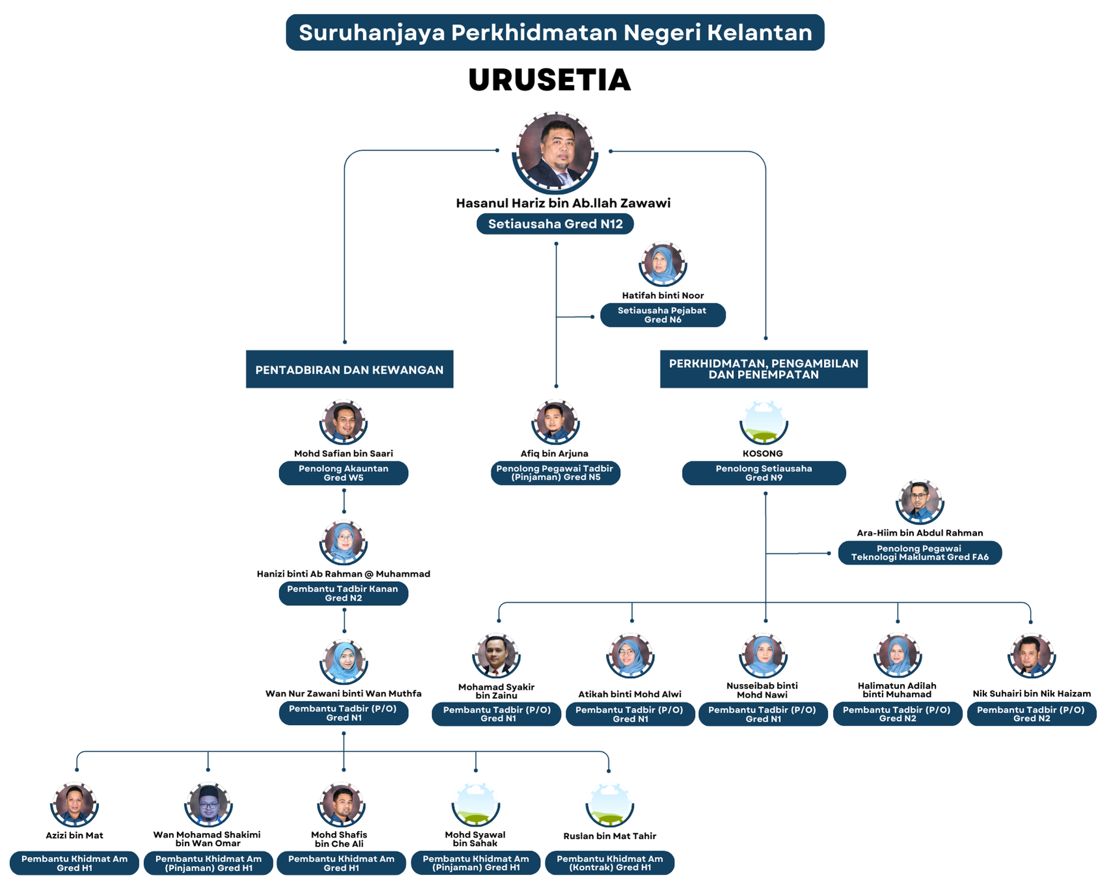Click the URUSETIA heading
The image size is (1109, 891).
coord(549,79)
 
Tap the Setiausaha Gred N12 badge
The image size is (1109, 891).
coord(555,224)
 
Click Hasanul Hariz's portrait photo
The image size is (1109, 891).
coord(555,152)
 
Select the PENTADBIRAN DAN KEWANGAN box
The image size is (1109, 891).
coord(349,369)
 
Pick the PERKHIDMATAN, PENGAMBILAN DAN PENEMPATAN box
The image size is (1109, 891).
coord(763,369)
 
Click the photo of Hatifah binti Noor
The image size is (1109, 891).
coord(663,264)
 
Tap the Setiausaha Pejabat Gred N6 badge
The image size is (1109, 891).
coord(663,315)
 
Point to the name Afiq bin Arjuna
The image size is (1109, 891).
coord(554,454)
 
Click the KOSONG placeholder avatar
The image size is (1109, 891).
coord(763,422)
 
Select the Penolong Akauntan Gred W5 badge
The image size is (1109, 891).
coord(344,473)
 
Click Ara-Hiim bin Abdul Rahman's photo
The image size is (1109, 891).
coord(920,502)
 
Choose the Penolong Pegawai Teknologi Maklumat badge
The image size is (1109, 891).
coord(920,553)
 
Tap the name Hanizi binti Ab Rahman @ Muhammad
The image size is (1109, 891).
coord(344,574)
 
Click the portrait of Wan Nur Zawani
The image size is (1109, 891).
coord(344,662)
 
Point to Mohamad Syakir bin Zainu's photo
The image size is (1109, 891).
coord(496,655)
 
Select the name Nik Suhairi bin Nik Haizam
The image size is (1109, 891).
coord(1032,694)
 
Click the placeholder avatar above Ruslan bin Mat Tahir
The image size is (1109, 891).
coord(610,804)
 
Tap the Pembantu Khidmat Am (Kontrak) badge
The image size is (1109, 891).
coord(610,863)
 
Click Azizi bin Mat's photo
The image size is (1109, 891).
coord(74,804)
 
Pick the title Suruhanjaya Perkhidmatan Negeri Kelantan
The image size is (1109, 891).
coord(555,33)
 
